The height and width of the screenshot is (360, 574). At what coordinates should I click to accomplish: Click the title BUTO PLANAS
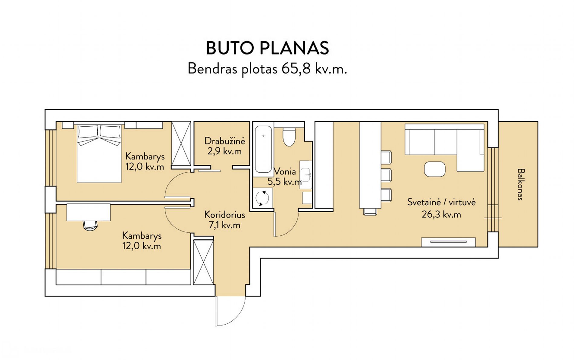pos(267,48)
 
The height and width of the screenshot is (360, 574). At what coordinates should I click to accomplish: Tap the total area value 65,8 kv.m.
pos(314,69)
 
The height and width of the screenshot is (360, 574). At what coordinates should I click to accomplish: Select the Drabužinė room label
pos(224,141)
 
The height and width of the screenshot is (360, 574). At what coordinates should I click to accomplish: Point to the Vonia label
pos(285,171)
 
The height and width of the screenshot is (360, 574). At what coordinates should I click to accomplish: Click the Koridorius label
pos(224,214)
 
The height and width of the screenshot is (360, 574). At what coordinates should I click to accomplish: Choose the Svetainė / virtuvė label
pos(441,202)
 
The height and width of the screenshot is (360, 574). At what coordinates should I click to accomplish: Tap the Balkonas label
pos(521,184)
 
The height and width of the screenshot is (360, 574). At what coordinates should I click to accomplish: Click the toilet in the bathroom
pos(289,137)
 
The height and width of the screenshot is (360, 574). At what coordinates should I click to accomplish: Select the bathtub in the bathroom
pos(263,149)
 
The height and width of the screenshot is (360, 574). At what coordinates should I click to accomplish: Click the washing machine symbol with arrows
pos(262,198)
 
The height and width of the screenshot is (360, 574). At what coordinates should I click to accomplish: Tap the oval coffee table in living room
pos(435,169)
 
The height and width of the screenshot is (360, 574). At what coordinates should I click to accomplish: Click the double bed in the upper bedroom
pos(99,154)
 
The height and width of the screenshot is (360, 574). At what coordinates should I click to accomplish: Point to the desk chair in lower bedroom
pos(90,225)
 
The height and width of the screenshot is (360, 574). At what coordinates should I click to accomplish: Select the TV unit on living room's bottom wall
pos(448,242)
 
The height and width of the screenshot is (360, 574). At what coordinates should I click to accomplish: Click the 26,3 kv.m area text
pos(441,214)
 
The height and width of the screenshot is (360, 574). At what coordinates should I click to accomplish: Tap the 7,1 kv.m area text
pos(224,225)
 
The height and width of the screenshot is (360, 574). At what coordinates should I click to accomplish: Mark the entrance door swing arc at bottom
pos(239,317)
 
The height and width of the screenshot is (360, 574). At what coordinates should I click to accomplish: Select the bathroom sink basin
pos(305,175)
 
